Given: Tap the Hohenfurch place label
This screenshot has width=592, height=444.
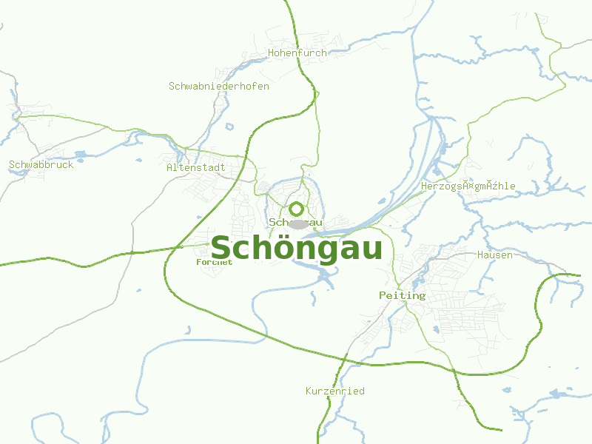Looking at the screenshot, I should pyautogui.click(x=297, y=53).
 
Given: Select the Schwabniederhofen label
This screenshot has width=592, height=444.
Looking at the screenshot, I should pyautogui.click(x=218, y=87).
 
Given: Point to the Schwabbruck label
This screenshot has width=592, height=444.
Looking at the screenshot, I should pyautogui.click(x=41, y=165).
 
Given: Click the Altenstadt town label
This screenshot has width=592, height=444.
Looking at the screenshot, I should pyautogui.click(x=195, y=168).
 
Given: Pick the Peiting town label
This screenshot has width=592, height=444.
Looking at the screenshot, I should pyautogui.click(x=402, y=295).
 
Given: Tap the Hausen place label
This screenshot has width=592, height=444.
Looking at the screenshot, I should pyautogui.click(x=495, y=255).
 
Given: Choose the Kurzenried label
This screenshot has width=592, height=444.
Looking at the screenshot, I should pyautogui.click(x=334, y=391).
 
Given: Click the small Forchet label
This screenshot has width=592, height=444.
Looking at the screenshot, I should pyautogui.click(x=215, y=262).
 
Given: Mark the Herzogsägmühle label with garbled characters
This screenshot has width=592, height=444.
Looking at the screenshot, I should pyautogui.click(x=468, y=186).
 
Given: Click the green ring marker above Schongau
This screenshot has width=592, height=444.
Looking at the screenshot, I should pyautogui.click(x=297, y=209).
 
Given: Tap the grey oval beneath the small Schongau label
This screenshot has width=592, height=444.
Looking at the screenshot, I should pyautogui.click(x=298, y=223).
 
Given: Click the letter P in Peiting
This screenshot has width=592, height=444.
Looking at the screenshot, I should pyautogui.click(x=383, y=295).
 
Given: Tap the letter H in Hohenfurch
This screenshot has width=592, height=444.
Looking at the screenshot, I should pyautogui.click(x=272, y=53).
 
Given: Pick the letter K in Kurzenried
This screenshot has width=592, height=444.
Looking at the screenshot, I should pyautogui.click(x=309, y=391).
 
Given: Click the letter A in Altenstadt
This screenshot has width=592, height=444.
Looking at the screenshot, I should pyautogui.click(x=169, y=168).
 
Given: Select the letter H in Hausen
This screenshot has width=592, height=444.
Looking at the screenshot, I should pyautogui.click(x=481, y=255).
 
